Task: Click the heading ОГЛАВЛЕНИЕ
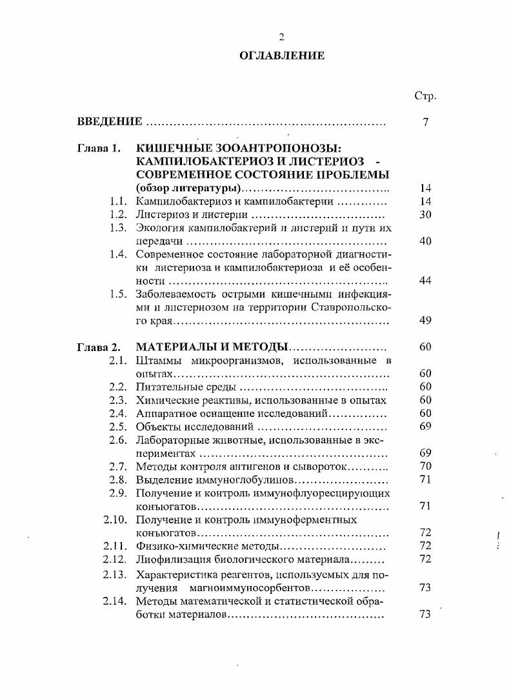281,56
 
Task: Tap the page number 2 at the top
281,37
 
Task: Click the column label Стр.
425,96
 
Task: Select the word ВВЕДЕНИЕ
109,122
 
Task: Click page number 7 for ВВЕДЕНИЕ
426,122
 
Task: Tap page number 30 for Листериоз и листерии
425,214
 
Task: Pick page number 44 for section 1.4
425,280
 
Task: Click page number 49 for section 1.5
425,320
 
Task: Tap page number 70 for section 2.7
425,466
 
